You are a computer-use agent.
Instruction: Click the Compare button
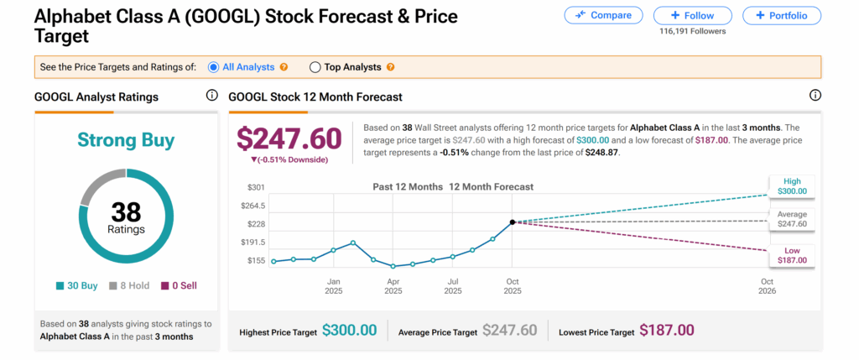pos(604,15)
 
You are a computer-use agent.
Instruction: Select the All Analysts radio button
pos(214,67)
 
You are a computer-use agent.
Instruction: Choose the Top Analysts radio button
pos(315,67)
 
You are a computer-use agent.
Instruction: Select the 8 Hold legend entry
pos(129,286)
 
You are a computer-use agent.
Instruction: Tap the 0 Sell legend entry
pos(179,286)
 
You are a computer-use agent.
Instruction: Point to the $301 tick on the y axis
pos(256,187)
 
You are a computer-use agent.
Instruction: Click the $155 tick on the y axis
pos(256,261)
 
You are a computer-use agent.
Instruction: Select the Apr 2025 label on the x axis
pos(393,286)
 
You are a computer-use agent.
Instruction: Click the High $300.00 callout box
pos(791,186)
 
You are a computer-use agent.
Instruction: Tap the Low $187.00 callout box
pos(791,255)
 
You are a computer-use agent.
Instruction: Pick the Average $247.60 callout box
pos(791,219)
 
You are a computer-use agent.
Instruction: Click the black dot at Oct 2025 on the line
pos(512,222)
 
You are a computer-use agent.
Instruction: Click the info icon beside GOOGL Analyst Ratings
pos(211,95)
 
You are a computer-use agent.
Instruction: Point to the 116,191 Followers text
pos(693,32)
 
